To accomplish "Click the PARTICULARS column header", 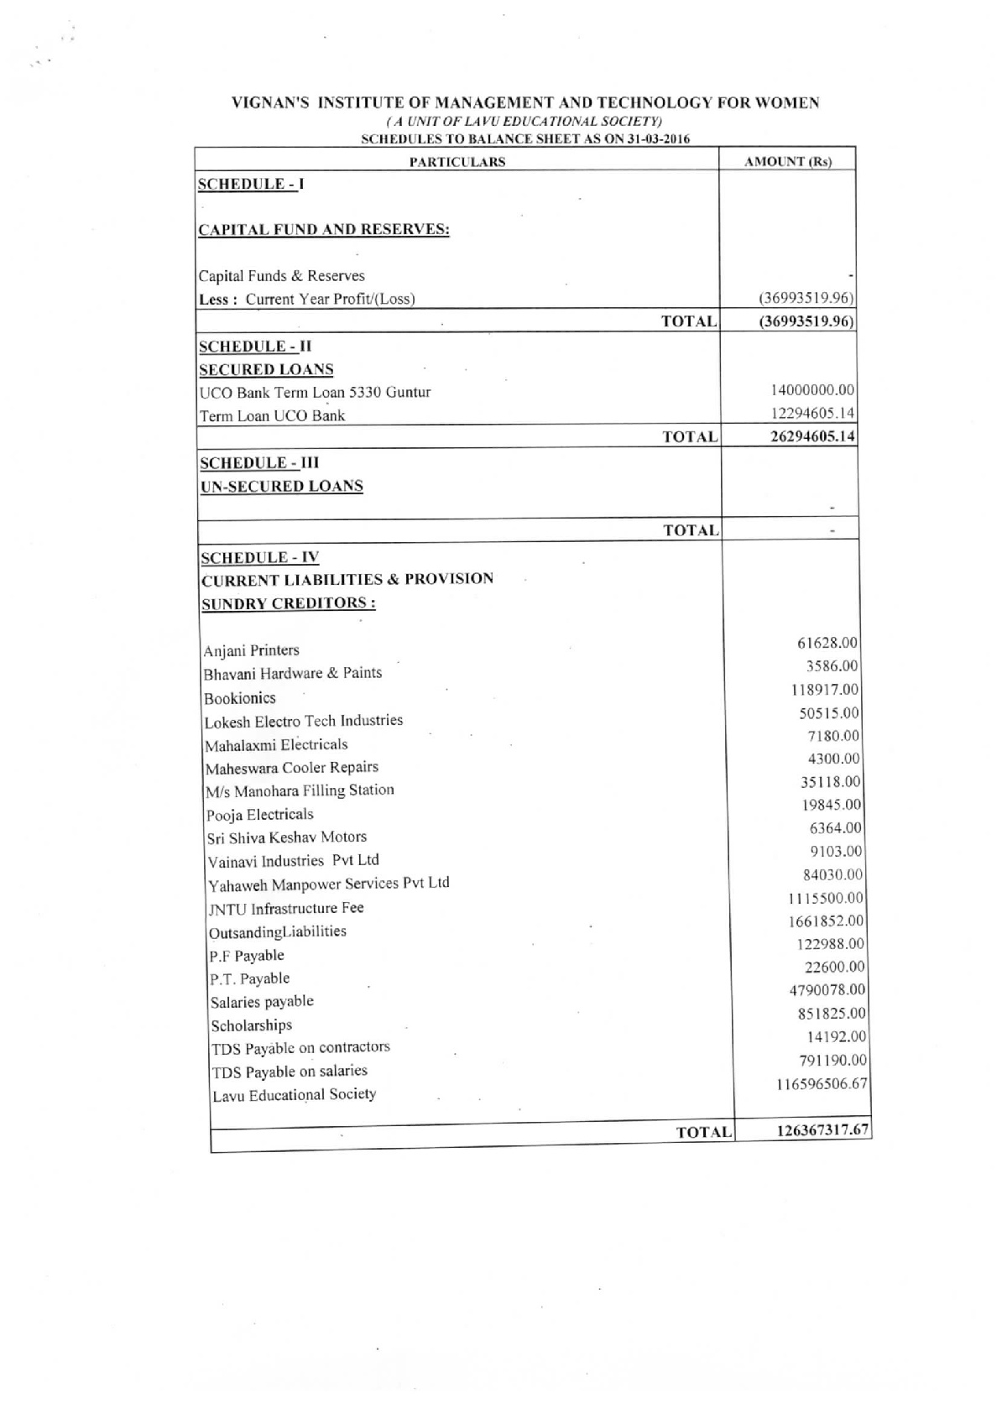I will (x=457, y=162).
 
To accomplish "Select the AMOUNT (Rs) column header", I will (x=788, y=161).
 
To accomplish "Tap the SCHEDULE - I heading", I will (x=251, y=184).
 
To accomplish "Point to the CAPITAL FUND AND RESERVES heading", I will (x=324, y=230).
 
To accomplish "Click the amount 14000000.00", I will (x=812, y=390).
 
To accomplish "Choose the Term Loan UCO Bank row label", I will (x=272, y=415).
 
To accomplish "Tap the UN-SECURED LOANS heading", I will (x=281, y=486).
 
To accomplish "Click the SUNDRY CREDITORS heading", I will (x=288, y=603).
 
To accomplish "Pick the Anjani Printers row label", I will (x=251, y=650).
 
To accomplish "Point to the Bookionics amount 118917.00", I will (x=827, y=690).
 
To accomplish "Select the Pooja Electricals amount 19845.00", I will (x=831, y=805).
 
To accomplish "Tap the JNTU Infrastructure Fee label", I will (x=285, y=908).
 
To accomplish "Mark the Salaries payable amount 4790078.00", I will (x=827, y=990).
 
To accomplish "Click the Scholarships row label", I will (x=251, y=1025).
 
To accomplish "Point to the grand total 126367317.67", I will (x=822, y=1129).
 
